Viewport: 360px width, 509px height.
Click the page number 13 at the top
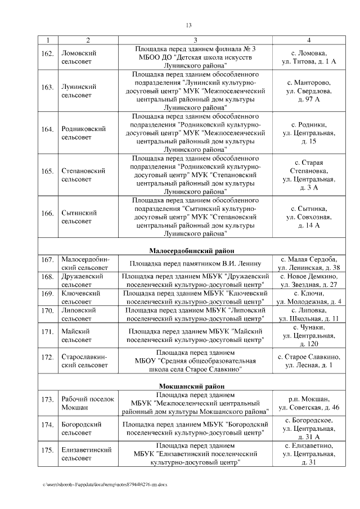pos(188,25)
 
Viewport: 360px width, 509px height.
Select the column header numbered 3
pos(195,40)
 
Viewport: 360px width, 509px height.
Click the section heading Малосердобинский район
pos(192,250)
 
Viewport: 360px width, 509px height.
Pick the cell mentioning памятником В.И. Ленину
pos(195,263)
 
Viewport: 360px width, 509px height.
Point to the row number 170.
pos(48,310)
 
